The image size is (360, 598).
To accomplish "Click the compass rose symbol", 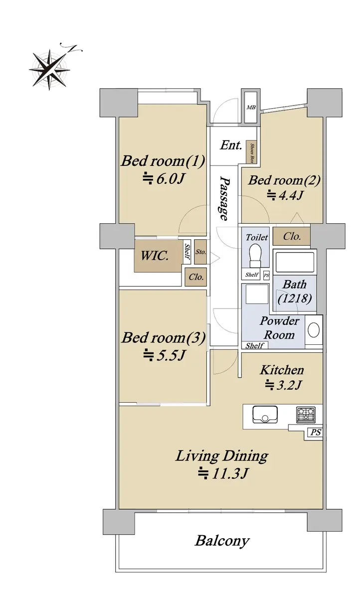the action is tap(50, 69).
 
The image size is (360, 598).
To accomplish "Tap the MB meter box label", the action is tap(251, 107).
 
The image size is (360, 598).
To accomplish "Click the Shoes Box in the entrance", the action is tap(251, 152).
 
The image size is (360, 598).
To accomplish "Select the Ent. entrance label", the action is tap(231, 145).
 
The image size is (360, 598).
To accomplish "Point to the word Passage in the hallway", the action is tap(224, 198).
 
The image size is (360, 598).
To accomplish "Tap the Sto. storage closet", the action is tap(200, 252).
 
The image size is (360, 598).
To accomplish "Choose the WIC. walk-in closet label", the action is tap(155, 256).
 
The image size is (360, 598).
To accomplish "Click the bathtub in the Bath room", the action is tap(295, 262).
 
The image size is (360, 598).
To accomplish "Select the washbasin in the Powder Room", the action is tap(314, 330).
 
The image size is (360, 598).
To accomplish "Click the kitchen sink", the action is tap(265, 414).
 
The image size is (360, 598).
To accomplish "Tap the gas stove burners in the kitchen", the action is tap(306, 415).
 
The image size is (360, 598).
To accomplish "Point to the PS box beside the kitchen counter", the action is tap(315, 432).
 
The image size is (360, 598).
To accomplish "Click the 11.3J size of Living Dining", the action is tap(223, 474).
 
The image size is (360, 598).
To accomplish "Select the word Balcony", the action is tap(222, 541).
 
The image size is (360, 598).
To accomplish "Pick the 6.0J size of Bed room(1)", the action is tap(164, 178).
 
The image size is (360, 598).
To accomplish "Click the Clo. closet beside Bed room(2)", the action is tap(292, 236).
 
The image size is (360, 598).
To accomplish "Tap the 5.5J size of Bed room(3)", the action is tap(164, 355).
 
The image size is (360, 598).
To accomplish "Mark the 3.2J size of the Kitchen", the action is tap(283, 385).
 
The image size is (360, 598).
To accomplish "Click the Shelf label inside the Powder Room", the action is tap(254, 346).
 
